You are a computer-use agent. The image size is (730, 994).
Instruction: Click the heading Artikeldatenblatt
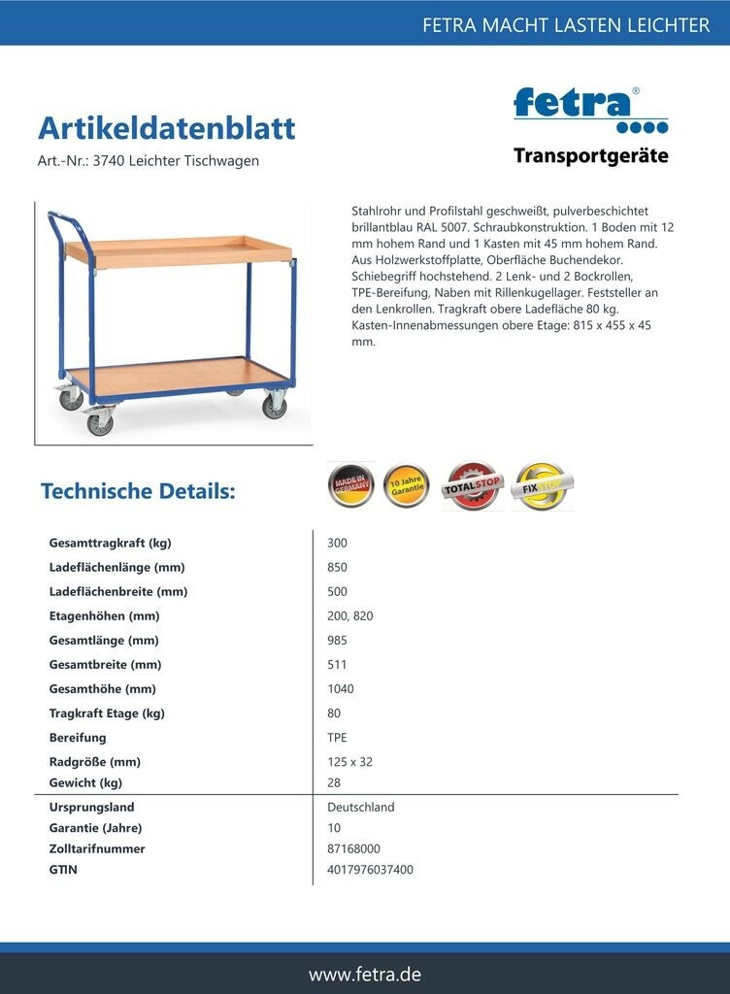pyautogui.click(x=166, y=128)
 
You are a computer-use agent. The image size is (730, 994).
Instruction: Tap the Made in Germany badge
pyautogui.click(x=350, y=485)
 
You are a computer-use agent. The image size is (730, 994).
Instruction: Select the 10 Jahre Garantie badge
pyautogui.click(x=406, y=486)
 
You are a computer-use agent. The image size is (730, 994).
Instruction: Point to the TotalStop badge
pyautogui.click(x=473, y=486)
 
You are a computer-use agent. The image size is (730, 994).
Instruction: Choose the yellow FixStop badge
pyautogui.click(x=542, y=486)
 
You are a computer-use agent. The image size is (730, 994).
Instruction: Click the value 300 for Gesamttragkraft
pyautogui.click(x=337, y=544)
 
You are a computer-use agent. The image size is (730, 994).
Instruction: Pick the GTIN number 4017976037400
pyautogui.click(x=370, y=870)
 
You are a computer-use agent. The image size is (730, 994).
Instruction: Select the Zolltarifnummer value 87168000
pyautogui.click(x=353, y=848)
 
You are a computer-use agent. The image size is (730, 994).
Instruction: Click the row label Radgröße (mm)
pyautogui.click(x=94, y=762)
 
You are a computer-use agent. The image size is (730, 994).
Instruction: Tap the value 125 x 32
pyautogui.click(x=349, y=762)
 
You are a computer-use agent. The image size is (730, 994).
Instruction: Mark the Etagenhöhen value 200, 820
pyautogui.click(x=349, y=616)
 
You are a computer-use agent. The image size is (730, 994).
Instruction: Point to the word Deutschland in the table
pyautogui.click(x=360, y=808)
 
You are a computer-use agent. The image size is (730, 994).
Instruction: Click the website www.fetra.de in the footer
pyautogui.click(x=365, y=974)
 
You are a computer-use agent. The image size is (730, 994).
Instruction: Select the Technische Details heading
pyautogui.click(x=138, y=491)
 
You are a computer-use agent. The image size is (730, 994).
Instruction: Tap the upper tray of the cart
pyautogui.click(x=180, y=248)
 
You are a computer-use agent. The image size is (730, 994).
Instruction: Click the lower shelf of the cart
pyautogui.click(x=184, y=377)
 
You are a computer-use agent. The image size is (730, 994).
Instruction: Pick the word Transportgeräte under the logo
pyautogui.click(x=590, y=156)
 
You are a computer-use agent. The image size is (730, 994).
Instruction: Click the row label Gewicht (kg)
pyautogui.click(x=85, y=782)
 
